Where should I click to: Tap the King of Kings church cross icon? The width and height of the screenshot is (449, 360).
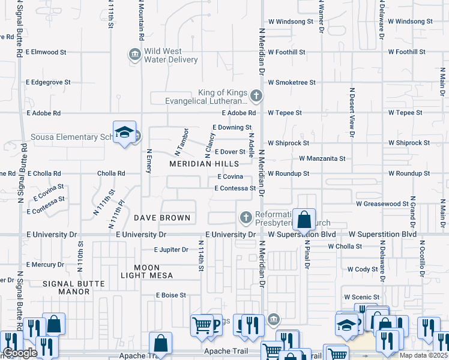(x=256, y=95)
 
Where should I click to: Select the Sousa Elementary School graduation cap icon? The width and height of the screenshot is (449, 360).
(x=124, y=134)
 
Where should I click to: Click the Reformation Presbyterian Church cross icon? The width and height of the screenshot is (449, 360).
(x=246, y=218)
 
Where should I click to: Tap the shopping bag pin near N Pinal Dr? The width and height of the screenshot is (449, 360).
(x=304, y=220)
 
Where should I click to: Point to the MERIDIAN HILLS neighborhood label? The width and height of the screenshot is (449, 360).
(x=203, y=164)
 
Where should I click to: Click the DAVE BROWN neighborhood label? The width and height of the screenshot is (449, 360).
(x=161, y=218)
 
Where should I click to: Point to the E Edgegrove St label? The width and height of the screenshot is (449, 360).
(x=49, y=82)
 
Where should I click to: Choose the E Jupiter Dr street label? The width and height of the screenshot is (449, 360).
(x=171, y=250)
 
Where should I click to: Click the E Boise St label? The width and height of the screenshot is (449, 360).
(x=171, y=295)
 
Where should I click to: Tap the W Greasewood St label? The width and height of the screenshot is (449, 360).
(x=382, y=204)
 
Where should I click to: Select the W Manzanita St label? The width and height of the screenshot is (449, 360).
(x=322, y=159)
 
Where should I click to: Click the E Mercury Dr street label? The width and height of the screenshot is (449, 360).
(x=44, y=265)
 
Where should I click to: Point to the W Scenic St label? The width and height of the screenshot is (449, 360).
(x=362, y=297)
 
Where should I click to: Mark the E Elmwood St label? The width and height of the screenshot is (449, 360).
(x=47, y=52)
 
